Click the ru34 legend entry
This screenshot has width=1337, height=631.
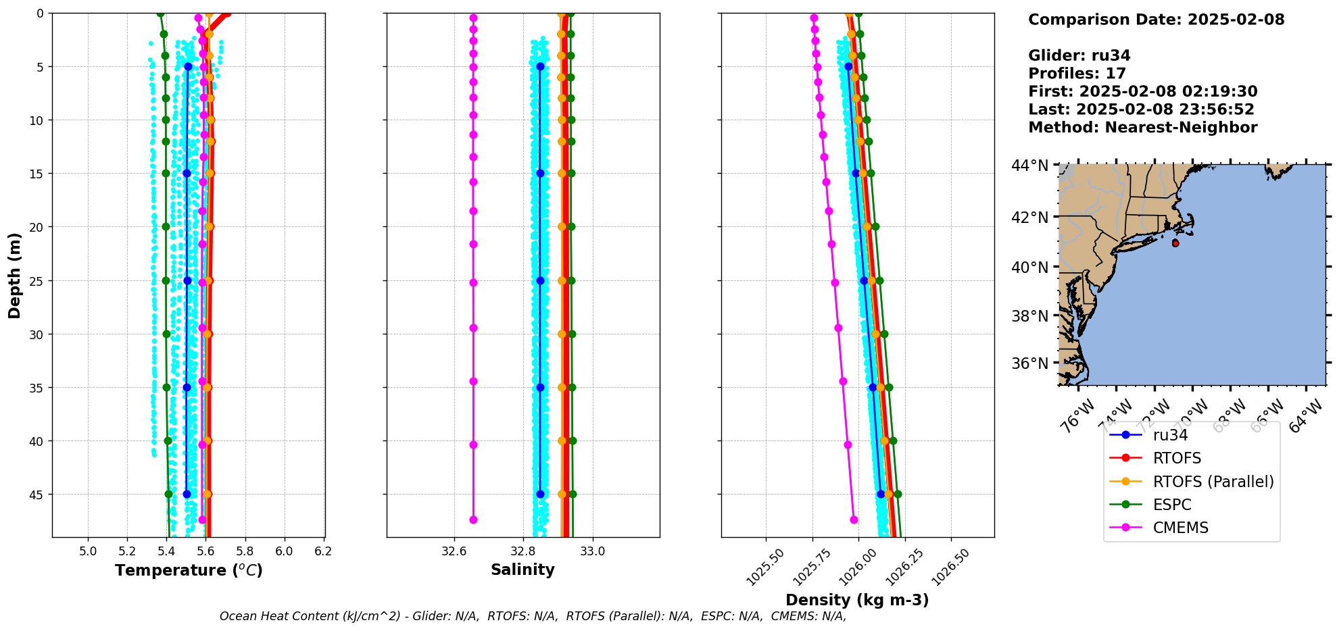pyautogui.click(x=1170, y=436)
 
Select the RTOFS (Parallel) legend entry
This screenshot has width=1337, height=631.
pyautogui.click(x=1213, y=482)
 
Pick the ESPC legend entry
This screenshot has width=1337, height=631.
pyautogui.click(x=1172, y=505)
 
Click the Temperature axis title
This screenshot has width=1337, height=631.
pyautogui.click(x=189, y=571)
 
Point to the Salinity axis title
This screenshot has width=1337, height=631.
pyautogui.click(x=522, y=570)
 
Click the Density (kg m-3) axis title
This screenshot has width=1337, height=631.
pyautogui.click(x=857, y=600)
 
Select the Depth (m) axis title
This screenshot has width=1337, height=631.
pyautogui.click(x=15, y=276)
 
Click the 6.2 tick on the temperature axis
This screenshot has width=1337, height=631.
pyautogui.click(x=323, y=551)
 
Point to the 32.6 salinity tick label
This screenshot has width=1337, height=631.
pyautogui.click(x=454, y=551)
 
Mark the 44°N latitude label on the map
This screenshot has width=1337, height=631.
pyautogui.click(x=1029, y=166)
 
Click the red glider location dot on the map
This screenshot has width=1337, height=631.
pyautogui.click(x=1175, y=243)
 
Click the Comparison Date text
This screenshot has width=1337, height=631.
pyautogui.click(x=1156, y=20)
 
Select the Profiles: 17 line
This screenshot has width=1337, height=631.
pyautogui.click(x=1077, y=74)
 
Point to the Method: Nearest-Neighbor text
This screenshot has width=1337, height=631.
pyautogui.click(x=1142, y=128)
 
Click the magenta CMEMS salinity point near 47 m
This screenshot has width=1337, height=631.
pyautogui.click(x=473, y=520)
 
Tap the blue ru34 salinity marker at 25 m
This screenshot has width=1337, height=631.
pyautogui.click(x=540, y=280)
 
